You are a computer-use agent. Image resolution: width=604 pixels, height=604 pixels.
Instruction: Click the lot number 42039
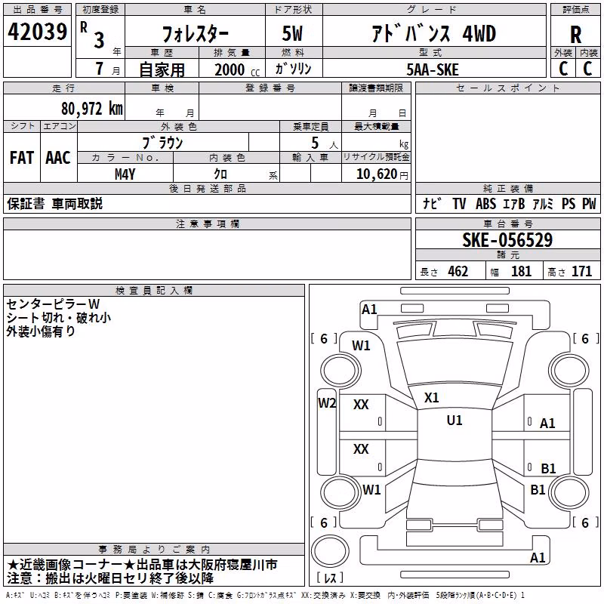pyautogui.click(x=37, y=32)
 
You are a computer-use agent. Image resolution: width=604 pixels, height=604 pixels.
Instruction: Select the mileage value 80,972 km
pyautogui.click(x=92, y=109)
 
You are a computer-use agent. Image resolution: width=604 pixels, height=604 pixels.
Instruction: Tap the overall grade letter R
pyautogui.click(x=575, y=35)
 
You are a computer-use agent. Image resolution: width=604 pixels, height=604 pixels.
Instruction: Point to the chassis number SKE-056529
pyautogui.click(x=507, y=240)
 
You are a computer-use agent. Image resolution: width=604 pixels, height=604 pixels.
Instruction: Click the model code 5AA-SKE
pyautogui.click(x=433, y=69)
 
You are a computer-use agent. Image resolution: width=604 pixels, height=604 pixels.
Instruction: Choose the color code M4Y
pyautogui.click(x=125, y=174)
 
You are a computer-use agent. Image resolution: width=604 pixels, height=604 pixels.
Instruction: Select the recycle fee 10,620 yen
pyautogui.click(x=382, y=174)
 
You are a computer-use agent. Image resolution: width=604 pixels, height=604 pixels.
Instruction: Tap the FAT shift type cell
pyautogui.click(x=22, y=158)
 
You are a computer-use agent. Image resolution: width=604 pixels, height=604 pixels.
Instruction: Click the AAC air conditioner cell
pyautogui.click(x=58, y=158)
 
